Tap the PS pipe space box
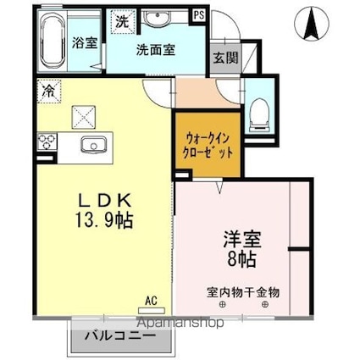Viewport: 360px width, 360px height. (x=198, y=14)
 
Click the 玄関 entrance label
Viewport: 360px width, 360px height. (x=224, y=58)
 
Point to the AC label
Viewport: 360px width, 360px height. (x=151, y=300)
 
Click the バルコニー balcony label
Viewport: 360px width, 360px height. (x=119, y=335)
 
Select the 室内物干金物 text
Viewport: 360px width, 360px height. (x=243, y=291)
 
